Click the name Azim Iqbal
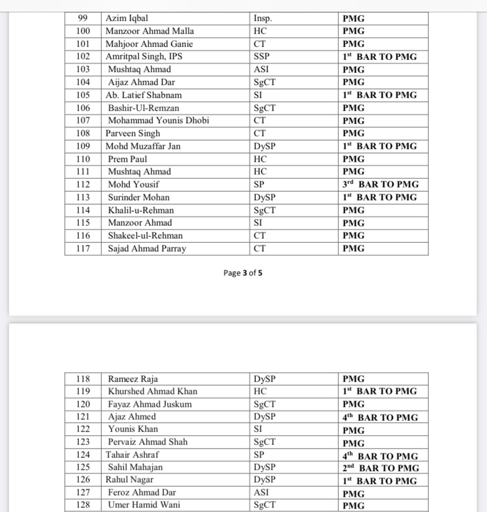coord(126,18)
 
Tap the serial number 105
coord(83,95)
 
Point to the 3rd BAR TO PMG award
coord(381,184)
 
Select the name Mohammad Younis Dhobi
coord(157,121)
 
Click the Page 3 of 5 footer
coord(248,273)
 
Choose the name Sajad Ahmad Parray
coord(147,249)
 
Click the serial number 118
coord(83,379)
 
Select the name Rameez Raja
coord(133,379)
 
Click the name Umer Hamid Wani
coord(144,505)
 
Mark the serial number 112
coord(83,185)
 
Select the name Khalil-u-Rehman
coord(141,210)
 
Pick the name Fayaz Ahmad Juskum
coord(150,404)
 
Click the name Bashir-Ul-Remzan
coord(144,108)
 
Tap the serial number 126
coord(83,480)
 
